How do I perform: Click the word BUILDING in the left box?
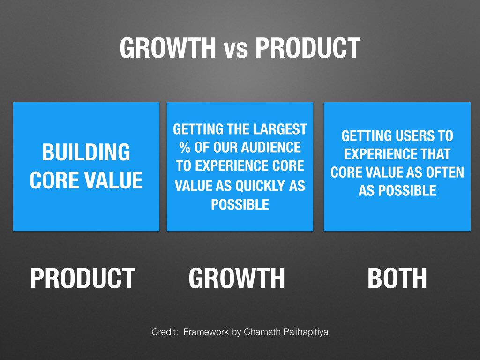pyautogui.click(x=86, y=153)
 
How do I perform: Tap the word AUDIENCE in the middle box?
pyautogui.click(x=271, y=148)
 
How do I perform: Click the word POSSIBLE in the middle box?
pyautogui.click(x=240, y=205)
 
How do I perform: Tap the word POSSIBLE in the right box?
pyautogui.click(x=397, y=191)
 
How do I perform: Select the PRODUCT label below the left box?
pyautogui.click(x=82, y=278)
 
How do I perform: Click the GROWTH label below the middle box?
pyautogui.click(x=237, y=278)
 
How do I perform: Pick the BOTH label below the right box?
pyautogui.click(x=397, y=278)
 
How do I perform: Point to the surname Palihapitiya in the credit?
pyautogui.click(x=304, y=332)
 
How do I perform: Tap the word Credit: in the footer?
pyautogui.click(x=165, y=332)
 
